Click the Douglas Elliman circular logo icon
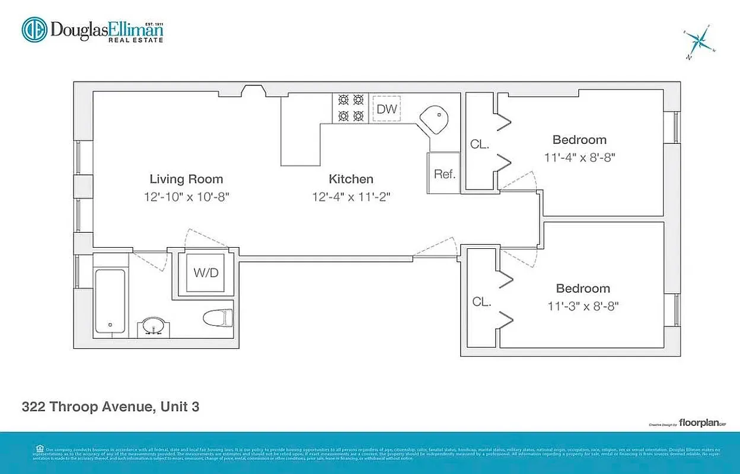[x=34, y=30]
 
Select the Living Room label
[x=186, y=179]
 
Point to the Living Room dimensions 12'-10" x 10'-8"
[x=186, y=197]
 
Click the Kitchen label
[x=351, y=179]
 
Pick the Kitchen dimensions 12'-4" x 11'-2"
[x=351, y=197]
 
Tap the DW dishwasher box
[x=387, y=109]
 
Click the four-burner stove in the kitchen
[x=350, y=108]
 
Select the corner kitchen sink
[x=435, y=120]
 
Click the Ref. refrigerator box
[x=444, y=174]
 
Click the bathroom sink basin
[x=154, y=325]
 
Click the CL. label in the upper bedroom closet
[x=479, y=144]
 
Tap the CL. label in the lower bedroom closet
[x=481, y=302]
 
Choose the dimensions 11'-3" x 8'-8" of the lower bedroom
[x=582, y=307]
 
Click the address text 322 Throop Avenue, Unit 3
[x=110, y=407]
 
